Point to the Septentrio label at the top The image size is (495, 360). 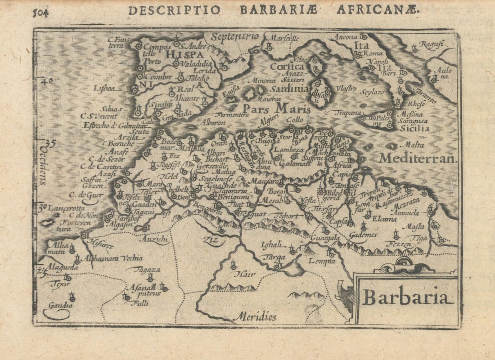[x=235, y=36]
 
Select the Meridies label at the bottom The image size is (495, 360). [x=255, y=316]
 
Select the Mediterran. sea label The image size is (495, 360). [x=418, y=158]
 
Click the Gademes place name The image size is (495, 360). [x=362, y=235]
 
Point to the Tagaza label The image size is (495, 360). [x=145, y=270]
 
